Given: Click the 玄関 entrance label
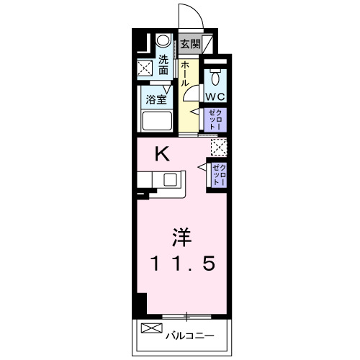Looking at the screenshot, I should pos(190,44).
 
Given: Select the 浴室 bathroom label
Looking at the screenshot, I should pos(157,99).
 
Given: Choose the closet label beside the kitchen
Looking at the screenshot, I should pos(217,175).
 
